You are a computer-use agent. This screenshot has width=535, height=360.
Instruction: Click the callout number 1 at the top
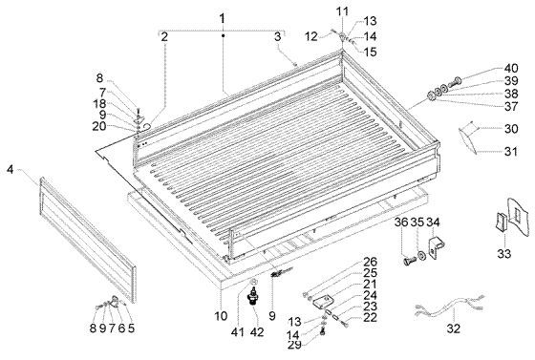point(223,18)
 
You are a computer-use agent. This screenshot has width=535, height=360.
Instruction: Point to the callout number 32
point(454,328)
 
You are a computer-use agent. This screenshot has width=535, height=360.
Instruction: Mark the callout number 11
point(342,10)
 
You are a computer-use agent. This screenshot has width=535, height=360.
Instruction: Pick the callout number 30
point(511,129)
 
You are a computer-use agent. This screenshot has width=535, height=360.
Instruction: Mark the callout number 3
point(277,36)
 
